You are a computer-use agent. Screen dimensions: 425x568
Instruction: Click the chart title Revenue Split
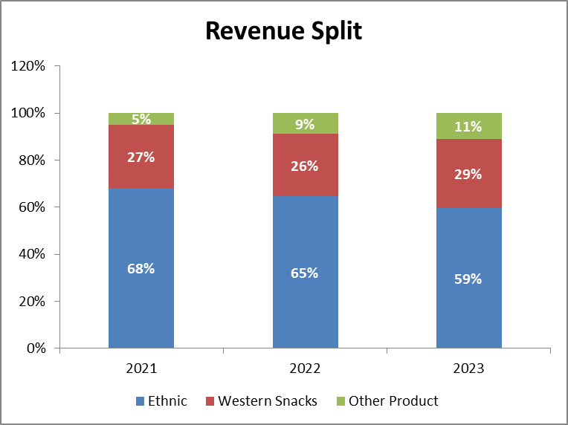pyautogui.click(x=283, y=30)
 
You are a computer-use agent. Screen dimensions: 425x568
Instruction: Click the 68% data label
pyautogui.click(x=141, y=268)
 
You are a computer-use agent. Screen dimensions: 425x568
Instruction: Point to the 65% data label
pyautogui.click(x=305, y=273)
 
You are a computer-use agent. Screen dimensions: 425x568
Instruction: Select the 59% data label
pyautogui.click(x=468, y=279)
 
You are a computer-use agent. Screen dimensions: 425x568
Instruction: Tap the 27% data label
pyautogui.click(x=141, y=157)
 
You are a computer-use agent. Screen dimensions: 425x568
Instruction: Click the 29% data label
pyautogui.click(x=468, y=174)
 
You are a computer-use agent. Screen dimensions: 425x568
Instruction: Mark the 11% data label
pyautogui.click(x=468, y=126)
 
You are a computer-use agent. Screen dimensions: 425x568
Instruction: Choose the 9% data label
pyautogui.click(x=305, y=124)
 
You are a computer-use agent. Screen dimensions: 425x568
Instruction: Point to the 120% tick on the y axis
pyautogui.click(x=29, y=66)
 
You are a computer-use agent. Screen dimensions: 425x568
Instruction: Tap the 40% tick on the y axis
pyautogui.click(x=32, y=254)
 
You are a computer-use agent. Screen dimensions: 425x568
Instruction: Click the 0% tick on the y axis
pyautogui.click(x=35, y=348)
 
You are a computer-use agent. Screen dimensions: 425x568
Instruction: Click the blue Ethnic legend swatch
pyautogui.click(x=140, y=401)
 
